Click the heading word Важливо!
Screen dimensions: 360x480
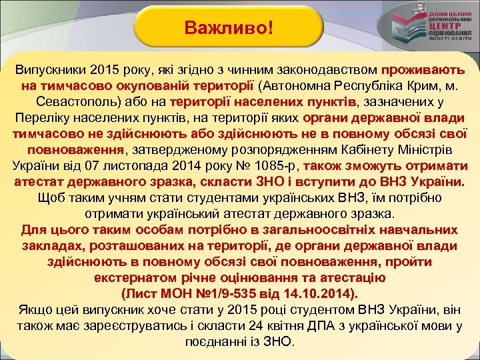coord(229,29)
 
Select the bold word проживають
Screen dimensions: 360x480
coord(424,70)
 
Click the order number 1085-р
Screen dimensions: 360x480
coord(277,166)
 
